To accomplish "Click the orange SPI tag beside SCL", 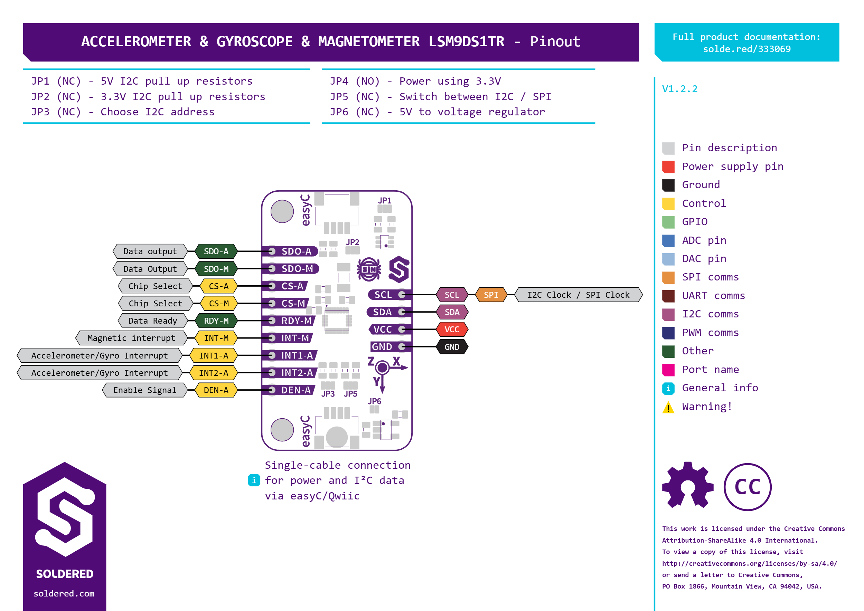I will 491,295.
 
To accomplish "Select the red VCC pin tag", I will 452,330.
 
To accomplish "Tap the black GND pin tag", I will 452,347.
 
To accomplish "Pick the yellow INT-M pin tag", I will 216,338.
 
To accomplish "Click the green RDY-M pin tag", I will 216,321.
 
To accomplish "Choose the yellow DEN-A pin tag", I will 216,390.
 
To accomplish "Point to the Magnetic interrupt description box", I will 131,338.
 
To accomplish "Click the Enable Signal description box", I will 145,390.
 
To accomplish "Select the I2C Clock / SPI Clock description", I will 578,295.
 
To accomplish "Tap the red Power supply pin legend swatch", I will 668,167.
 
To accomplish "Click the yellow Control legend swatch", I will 668,203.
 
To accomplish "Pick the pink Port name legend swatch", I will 668,370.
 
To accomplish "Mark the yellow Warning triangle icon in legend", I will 668,408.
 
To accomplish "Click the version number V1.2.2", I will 679,89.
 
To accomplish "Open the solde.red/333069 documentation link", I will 746,49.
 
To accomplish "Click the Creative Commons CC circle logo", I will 747,487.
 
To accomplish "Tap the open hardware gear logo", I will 688,485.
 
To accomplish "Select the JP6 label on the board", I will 375,401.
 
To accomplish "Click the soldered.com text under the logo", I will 64,594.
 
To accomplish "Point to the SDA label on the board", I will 383,312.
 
